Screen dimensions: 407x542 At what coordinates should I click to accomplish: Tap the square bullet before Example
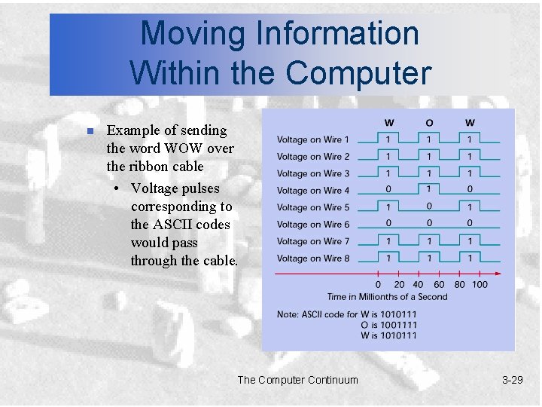89,131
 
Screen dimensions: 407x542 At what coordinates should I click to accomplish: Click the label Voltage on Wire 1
313,139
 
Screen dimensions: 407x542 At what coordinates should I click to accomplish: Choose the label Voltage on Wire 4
313,191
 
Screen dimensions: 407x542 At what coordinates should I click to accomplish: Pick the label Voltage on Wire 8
313,259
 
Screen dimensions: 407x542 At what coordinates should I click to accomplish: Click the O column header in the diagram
428,123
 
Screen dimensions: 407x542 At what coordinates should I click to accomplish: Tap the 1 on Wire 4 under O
428,190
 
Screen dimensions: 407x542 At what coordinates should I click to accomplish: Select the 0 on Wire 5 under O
428,207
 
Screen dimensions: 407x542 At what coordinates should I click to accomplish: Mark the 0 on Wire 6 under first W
388,224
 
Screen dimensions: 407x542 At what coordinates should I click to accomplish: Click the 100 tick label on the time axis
480,285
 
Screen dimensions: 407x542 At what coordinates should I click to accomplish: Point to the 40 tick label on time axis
418,285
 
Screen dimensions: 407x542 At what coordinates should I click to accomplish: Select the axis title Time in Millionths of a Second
387,296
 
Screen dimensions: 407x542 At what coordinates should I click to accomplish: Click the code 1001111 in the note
399,325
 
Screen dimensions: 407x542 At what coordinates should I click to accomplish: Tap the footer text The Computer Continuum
297,380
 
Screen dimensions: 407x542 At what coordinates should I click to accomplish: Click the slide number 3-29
512,380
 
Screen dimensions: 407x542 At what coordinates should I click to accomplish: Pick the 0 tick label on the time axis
378,285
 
